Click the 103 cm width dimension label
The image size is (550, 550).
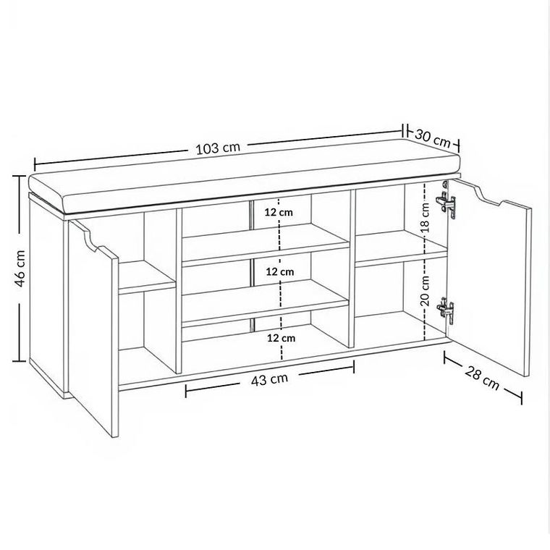coord(217,148)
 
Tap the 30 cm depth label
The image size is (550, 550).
coord(433,135)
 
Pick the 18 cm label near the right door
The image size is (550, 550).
coord(426,214)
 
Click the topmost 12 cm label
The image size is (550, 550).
coord(279,212)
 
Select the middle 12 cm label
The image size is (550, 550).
coord(279,271)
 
